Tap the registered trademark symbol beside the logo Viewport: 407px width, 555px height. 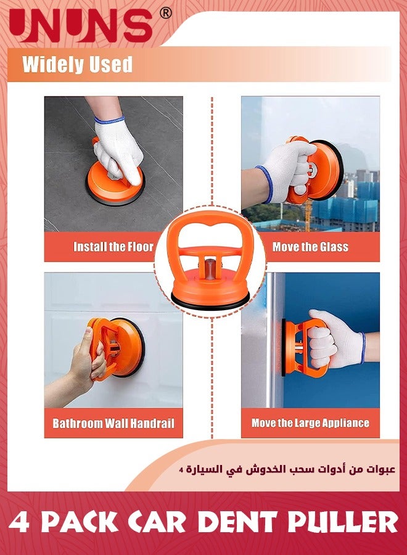coord(166,12)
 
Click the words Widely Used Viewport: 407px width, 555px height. coord(77,64)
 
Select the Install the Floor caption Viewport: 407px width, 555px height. coord(113,247)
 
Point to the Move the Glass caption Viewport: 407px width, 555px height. coord(310,247)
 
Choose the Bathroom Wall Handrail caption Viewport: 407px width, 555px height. coord(113,424)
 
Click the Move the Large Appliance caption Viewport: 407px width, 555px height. coord(310,424)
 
